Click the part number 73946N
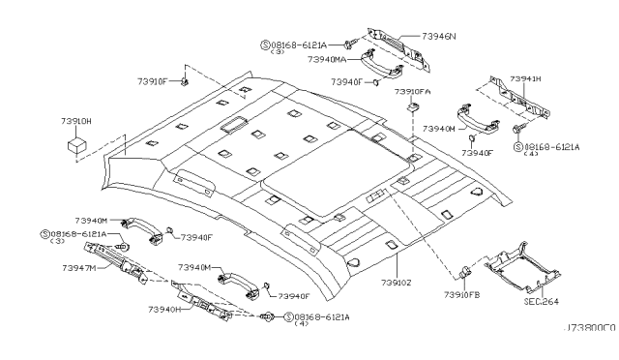[x=438, y=37]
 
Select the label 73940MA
[x=327, y=59]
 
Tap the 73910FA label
[x=413, y=92]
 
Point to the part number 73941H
[x=525, y=78]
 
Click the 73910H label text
[x=76, y=121]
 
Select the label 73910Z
[x=397, y=283]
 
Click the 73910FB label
[x=462, y=295]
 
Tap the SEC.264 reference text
[x=542, y=302]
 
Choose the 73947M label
[x=79, y=268]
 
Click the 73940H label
[x=164, y=310]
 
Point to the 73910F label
[x=153, y=82]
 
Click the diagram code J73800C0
[x=591, y=328]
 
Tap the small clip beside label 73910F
[x=184, y=82]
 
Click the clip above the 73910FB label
[x=465, y=272]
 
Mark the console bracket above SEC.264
[x=523, y=267]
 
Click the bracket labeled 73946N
[x=398, y=49]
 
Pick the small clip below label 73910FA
[x=413, y=107]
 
